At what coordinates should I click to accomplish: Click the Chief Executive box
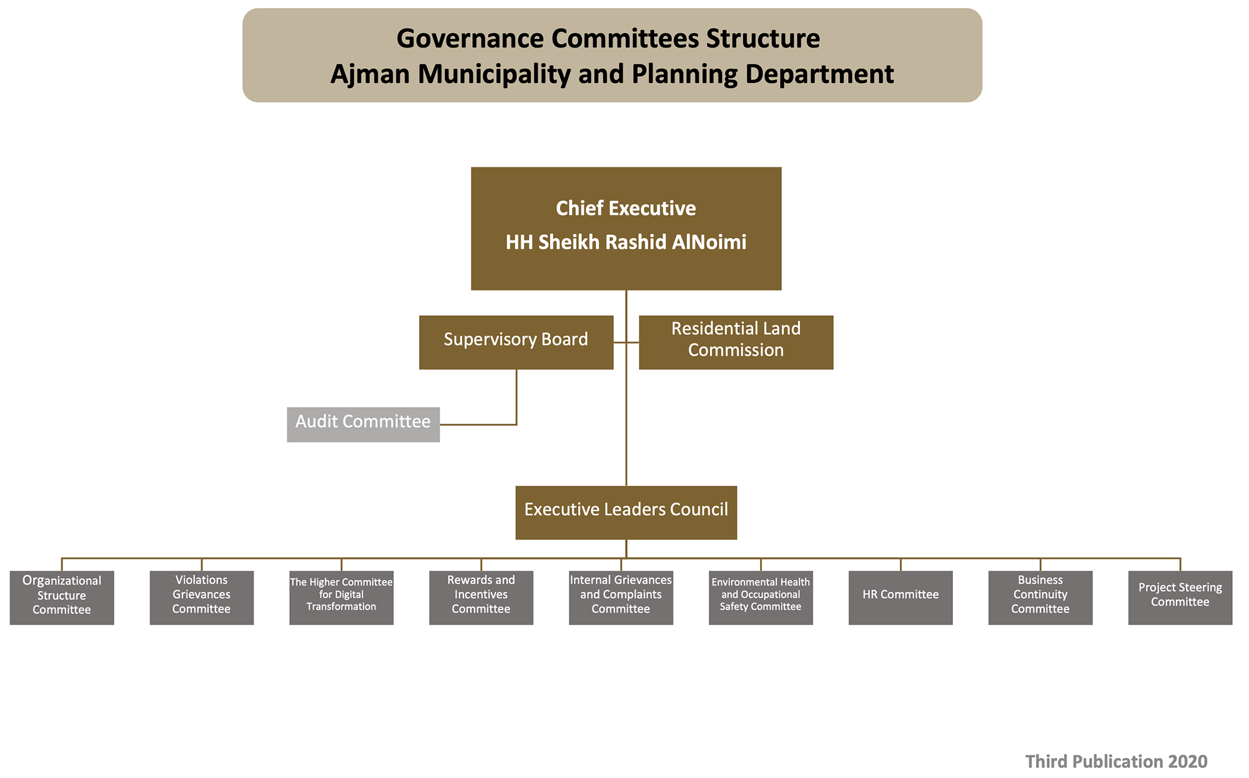[626, 229]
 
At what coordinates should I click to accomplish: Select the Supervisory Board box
[516, 342]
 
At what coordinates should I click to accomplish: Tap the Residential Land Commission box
[736, 342]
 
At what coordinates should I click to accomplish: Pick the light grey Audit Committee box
[363, 425]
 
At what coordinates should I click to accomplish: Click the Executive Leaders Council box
[626, 513]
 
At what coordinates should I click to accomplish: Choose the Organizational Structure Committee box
[62, 598]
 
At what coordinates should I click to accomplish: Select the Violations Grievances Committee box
[202, 598]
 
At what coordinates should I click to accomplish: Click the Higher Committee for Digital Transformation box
[342, 598]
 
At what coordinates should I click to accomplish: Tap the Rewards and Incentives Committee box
[481, 598]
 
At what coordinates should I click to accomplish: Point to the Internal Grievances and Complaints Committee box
[621, 598]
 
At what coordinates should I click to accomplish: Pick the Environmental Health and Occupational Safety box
[761, 598]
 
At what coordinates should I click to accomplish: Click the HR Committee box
[901, 598]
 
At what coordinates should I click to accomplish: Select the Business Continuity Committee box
[1040, 598]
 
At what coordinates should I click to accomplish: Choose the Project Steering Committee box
[1180, 598]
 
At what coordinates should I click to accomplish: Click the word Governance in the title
[470, 39]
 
